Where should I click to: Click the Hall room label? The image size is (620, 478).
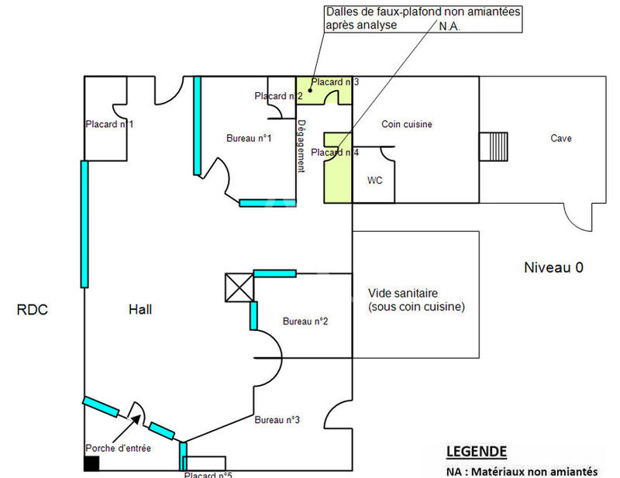click(x=140, y=309)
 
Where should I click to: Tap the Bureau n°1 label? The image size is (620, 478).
click(x=248, y=138)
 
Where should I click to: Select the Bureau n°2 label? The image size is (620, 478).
click(x=305, y=321)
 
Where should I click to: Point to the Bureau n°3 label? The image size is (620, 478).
click(x=277, y=420)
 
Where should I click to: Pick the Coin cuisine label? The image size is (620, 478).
click(x=407, y=124)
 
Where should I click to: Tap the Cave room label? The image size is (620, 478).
click(x=561, y=138)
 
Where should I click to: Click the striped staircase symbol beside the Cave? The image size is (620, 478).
click(x=493, y=146)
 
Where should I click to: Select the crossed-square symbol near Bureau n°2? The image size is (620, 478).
click(x=239, y=287)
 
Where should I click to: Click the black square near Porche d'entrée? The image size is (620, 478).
click(x=91, y=463)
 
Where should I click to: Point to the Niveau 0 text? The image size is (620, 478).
click(x=553, y=268)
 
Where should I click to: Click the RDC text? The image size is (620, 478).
click(x=33, y=310)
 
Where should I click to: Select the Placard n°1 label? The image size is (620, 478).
click(x=109, y=124)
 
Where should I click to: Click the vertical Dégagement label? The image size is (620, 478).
click(x=301, y=146)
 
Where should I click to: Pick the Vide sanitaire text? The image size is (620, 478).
click(x=403, y=294)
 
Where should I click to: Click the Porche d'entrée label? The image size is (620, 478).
click(x=118, y=448)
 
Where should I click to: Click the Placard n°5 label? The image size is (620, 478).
click(x=208, y=475)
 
